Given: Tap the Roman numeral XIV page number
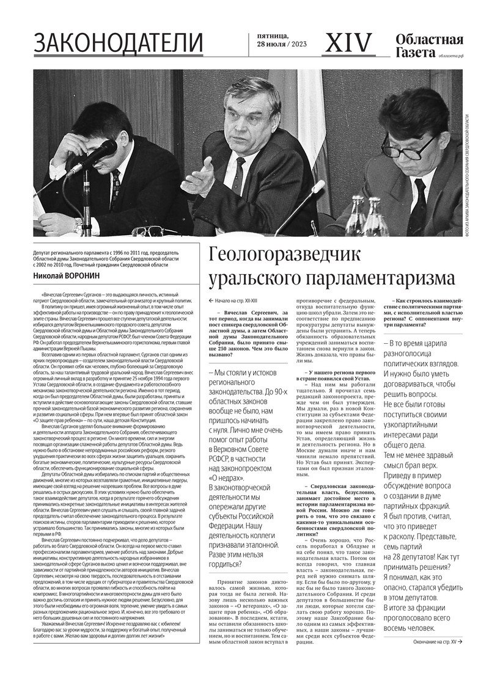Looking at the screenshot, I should click(x=348, y=43).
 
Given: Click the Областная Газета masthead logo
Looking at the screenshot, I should click(x=428, y=45).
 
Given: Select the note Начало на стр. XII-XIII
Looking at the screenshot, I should click(x=238, y=301).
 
